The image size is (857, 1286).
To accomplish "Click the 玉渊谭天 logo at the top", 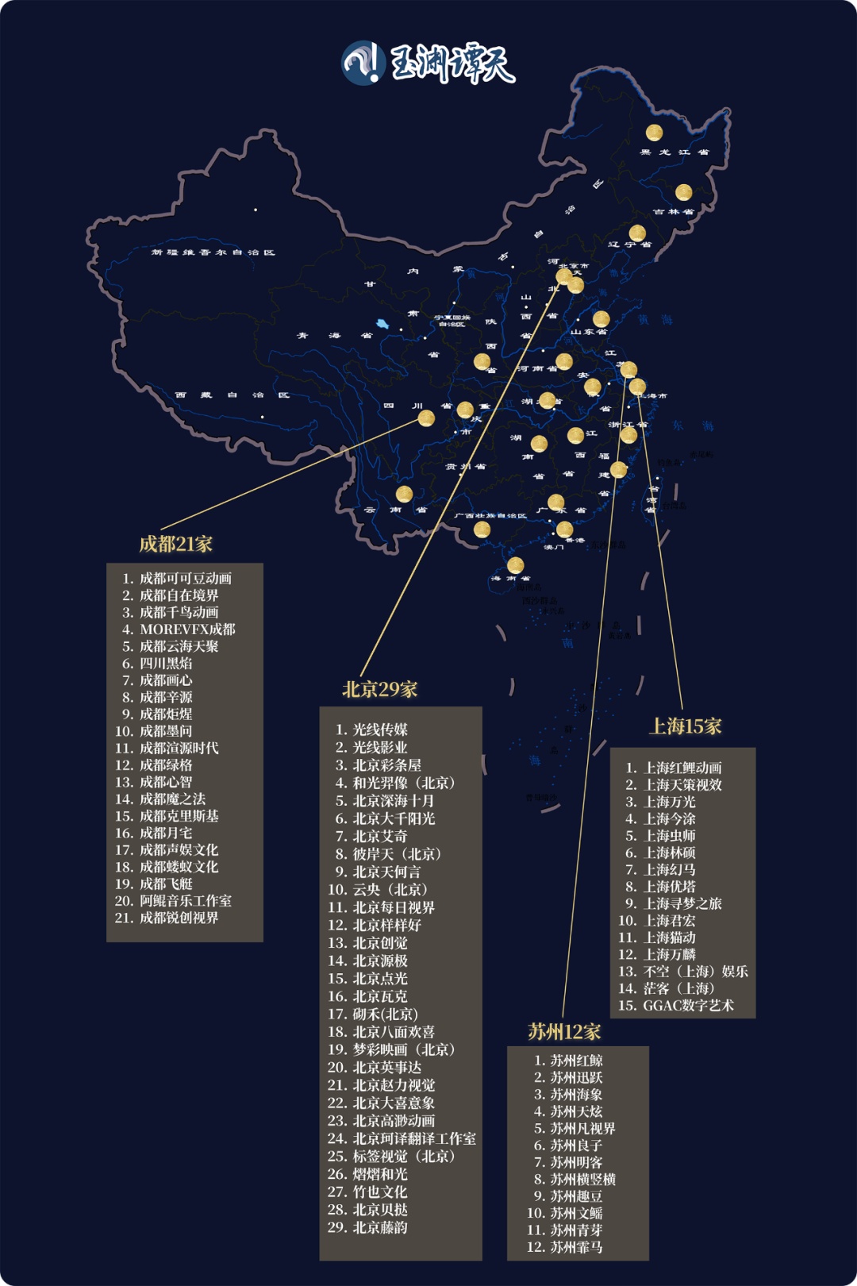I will coord(428,63).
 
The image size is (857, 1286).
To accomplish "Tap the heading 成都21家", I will coord(176,544).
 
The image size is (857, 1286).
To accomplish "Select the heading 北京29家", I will coord(379,689).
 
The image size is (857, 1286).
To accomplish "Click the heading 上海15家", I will coord(686,726).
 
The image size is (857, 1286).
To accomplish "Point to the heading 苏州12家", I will coord(564,1031).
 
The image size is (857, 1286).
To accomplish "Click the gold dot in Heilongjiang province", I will coord(654,133).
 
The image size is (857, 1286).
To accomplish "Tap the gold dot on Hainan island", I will coord(515,565).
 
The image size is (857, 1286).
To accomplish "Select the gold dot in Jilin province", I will coord(683,192).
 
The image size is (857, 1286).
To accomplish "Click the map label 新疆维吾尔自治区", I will coord(213,252).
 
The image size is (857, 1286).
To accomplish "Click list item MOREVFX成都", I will coord(187,629).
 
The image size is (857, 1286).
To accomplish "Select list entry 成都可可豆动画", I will coord(186,578).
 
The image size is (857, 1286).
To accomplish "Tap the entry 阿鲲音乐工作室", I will coord(186,900).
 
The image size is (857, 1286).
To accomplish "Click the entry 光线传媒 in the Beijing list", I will coord(380,729).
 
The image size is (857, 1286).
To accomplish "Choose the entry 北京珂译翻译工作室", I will coord(414,1138).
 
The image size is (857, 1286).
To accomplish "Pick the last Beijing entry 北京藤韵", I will coord(380,1227).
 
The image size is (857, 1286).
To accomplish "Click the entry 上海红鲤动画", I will coord(682,768).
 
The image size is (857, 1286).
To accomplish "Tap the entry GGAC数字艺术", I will coord(688,1005).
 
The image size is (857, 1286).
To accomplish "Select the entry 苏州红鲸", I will coord(577,1060).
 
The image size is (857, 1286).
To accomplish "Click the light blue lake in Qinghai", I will coord(382,325).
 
